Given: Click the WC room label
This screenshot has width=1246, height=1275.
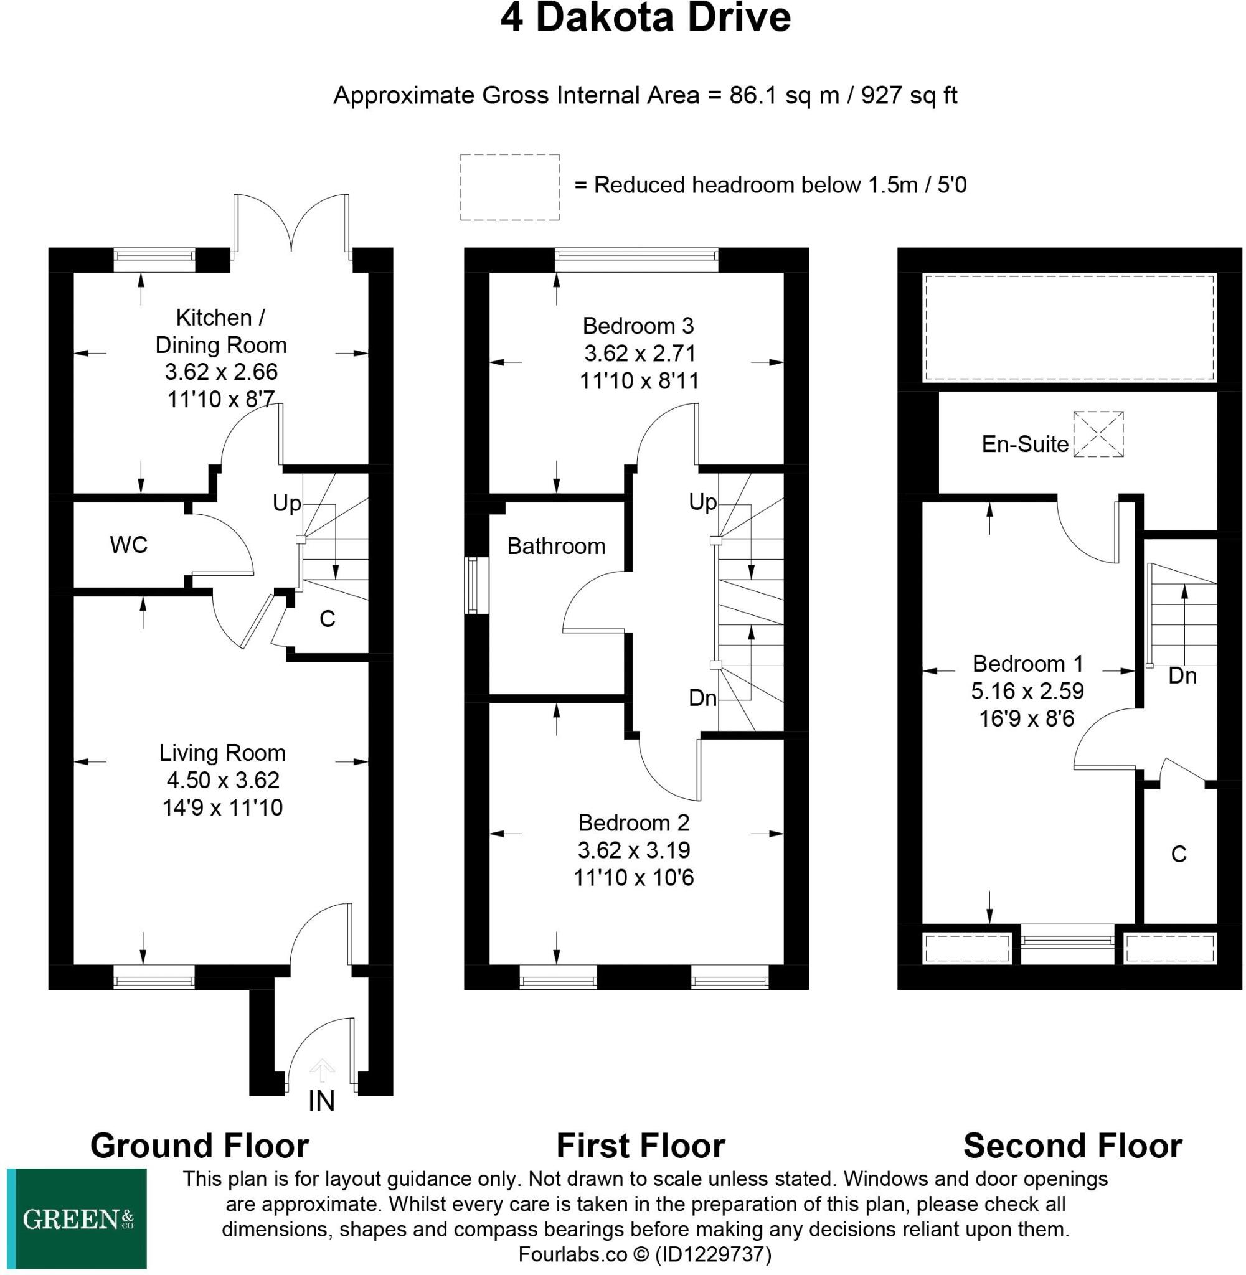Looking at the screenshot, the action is pyautogui.click(x=129, y=544).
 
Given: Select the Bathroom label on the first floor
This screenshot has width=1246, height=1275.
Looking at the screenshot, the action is pyautogui.click(x=556, y=546).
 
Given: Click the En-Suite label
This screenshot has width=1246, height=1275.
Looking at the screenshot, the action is pyautogui.click(x=1025, y=445).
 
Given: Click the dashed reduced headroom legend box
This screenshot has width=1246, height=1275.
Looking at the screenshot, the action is pyautogui.click(x=510, y=187).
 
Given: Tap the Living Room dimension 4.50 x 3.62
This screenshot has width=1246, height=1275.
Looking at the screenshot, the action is pyautogui.click(x=222, y=780).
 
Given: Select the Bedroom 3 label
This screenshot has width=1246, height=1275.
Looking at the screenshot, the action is pyautogui.click(x=638, y=325).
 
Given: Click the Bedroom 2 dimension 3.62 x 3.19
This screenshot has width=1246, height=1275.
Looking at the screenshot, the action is pyautogui.click(x=633, y=850).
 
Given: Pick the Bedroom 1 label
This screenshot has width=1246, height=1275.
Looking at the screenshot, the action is pyautogui.click(x=1027, y=664).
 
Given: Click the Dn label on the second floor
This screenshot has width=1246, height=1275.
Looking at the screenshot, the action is pyautogui.click(x=1182, y=675).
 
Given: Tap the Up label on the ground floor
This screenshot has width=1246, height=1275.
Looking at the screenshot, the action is pyautogui.click(x=286, y=503).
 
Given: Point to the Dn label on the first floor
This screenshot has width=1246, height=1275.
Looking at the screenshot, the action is pyautogui.click(x=703, y=698).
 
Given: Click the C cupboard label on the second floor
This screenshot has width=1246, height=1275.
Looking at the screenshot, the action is pyautogui.click(x=1179, y=854).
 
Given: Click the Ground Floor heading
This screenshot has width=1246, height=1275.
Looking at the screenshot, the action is pyautogui.click(x=200, y=1146).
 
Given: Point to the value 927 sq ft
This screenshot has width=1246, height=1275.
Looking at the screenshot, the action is pyautogui.click(x=909, y=95).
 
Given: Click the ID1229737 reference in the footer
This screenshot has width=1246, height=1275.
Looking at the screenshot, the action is pyautogui.click(x=714, y=1254).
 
